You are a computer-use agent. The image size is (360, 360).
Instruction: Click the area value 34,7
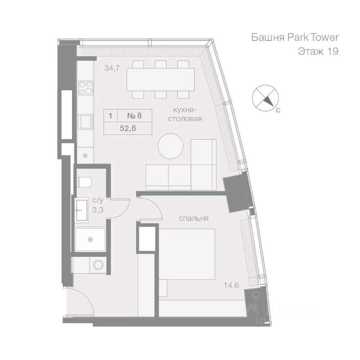click(112, 68)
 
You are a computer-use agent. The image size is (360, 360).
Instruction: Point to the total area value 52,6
click(128, 128)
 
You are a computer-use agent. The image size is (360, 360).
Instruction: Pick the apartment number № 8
click(134, 115)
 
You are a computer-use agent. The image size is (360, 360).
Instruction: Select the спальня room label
click(193, 218)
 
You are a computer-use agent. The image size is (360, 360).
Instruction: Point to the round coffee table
click(171, 146)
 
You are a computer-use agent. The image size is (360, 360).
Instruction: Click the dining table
click(160, 79)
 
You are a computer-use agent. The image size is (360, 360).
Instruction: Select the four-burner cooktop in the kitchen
click(85, 88)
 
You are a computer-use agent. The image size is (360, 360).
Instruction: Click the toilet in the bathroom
click(84, 182)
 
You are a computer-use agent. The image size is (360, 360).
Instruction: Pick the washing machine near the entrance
click(98, 265)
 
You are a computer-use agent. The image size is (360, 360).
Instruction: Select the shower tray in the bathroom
click(90, 240)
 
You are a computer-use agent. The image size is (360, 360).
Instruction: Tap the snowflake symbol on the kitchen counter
click(85, 155)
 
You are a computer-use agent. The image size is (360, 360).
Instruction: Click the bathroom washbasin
click(81, 209)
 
